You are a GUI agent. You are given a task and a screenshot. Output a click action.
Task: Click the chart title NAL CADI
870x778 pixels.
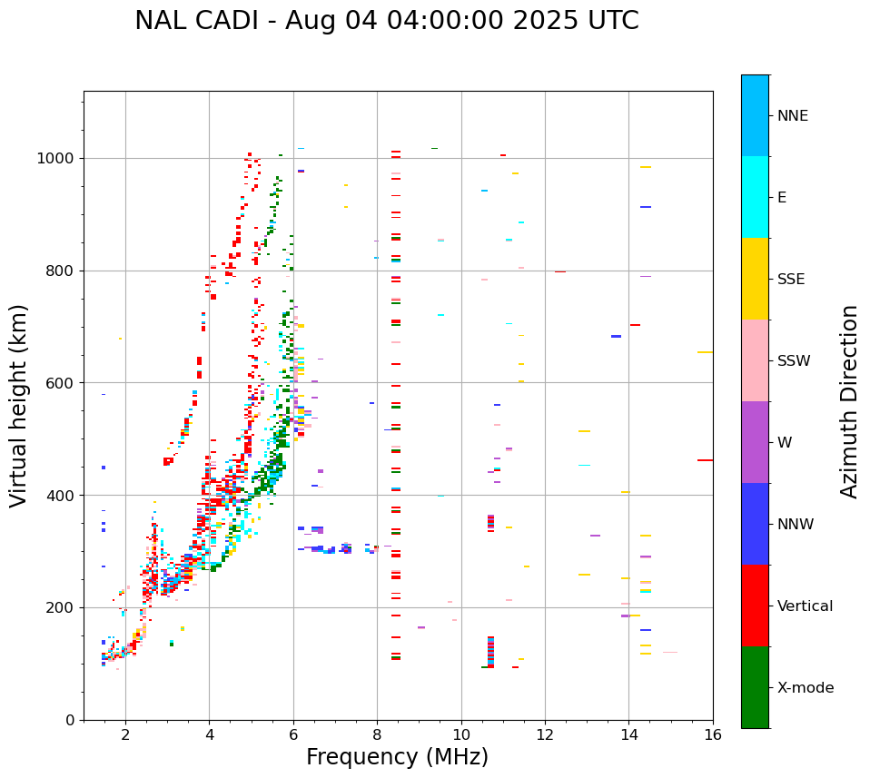click(x=386, y=21)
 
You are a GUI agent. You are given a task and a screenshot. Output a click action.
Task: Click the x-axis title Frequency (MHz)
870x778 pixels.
click(x=397, y=757)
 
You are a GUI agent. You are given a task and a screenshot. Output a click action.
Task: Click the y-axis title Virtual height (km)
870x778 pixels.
click(x=19, y=405)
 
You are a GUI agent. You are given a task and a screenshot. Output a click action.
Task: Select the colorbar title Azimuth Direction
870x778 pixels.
click(x=849, y=401)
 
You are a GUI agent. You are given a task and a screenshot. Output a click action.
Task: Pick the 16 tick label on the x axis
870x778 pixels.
click(x=713, y=734)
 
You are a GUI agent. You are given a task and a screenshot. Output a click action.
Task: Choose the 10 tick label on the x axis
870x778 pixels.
click(x=461, y=734)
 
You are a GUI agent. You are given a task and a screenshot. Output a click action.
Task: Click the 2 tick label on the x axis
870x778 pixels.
click(x=125, y=734)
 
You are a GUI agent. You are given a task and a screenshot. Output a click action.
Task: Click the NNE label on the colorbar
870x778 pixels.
click(x=792, y=116)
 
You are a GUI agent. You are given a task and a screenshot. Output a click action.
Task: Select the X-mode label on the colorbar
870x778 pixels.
click(x=806, y=688)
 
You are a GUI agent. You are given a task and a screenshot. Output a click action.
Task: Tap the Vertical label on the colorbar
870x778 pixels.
click(x=805, y=606)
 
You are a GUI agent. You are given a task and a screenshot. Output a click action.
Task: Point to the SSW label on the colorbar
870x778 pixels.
click(x=793, y=361)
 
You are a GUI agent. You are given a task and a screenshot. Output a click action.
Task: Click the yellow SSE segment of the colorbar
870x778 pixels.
click(x=755, y=279)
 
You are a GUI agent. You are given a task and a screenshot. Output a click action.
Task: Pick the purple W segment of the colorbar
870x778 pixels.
click(x=755, y=442)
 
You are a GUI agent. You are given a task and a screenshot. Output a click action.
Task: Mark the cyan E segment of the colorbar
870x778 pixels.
click(x=755, y=197)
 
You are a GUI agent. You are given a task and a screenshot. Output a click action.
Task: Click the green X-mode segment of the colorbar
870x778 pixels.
click(x=755, y=687)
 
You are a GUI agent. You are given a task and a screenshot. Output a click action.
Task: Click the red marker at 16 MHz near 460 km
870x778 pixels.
click(x=705, y=460)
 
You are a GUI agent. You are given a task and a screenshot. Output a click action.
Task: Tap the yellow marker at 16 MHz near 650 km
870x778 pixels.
click(x=705, y=352)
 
